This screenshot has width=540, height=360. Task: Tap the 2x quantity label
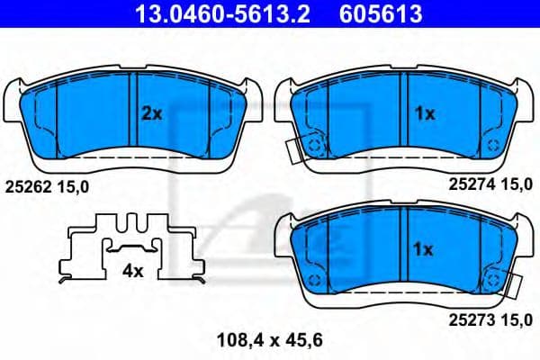coord(150,113)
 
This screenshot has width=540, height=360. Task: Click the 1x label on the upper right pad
coord(424,113)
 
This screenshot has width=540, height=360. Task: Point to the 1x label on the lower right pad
coord(424,248)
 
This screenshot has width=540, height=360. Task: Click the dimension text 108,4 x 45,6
coord(270,339)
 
